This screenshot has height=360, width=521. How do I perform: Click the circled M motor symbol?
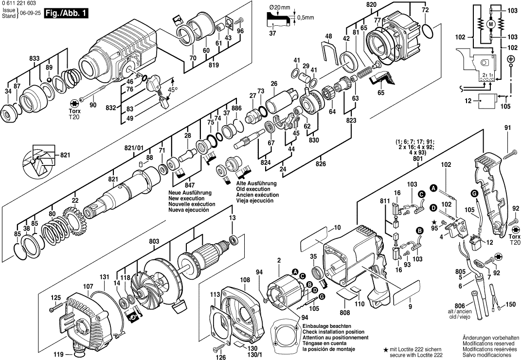coord(490,24)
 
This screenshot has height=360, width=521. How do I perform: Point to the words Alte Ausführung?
coord(256,183)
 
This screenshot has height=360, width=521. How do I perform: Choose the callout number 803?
coord(154,241)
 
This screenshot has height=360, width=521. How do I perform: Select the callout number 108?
coord(245,280)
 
